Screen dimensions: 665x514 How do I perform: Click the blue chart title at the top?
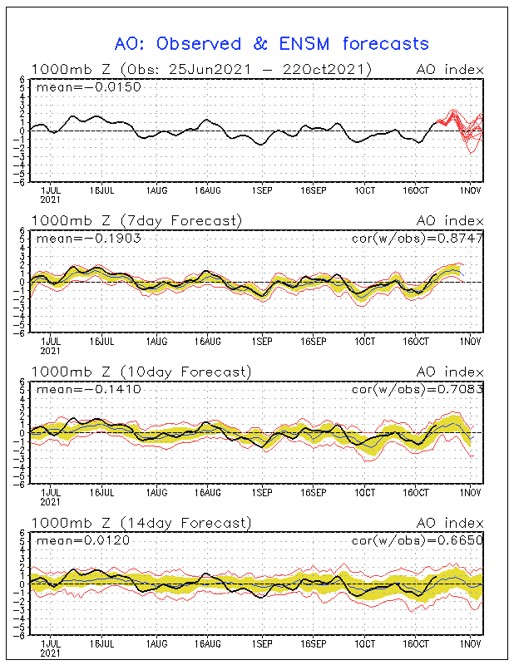click(x=271, y=43)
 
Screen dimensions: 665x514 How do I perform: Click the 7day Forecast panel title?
click(x=136, y=220)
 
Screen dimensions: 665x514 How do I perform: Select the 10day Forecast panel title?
click(x=140, y=371)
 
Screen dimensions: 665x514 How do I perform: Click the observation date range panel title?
click(x=200, y=69)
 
